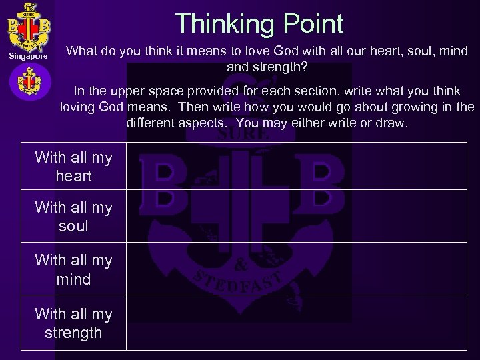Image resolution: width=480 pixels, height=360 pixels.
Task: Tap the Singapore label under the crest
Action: [x=27, y=58]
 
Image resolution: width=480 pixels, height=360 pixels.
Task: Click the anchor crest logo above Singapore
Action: [x=27, y=27]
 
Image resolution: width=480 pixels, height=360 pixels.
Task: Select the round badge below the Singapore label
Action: [x=27, y=83]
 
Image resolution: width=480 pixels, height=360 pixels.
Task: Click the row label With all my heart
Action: [x=73, y=167]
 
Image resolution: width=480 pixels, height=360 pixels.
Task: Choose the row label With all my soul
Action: [x=73, y=217]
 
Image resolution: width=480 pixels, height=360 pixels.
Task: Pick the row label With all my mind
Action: [x=73, y=270]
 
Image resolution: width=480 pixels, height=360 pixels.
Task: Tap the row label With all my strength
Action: [x=73, y=323]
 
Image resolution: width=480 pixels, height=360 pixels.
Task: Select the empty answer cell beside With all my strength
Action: [x=297, y=323]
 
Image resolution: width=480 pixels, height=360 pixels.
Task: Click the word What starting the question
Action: [x=85, y=51]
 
